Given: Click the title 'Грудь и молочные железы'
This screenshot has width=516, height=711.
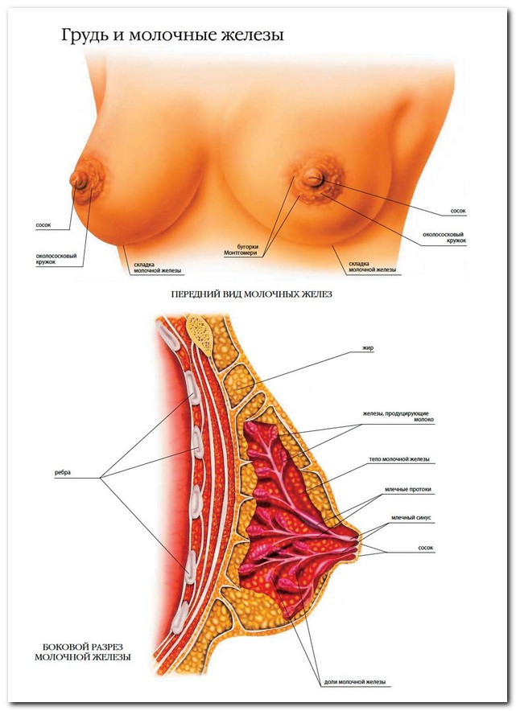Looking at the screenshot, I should [x=171, y=36].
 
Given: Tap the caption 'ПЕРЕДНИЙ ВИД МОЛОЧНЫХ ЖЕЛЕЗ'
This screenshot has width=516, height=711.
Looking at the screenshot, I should [x=252, y=294].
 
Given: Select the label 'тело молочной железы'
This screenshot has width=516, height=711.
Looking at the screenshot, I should [x=398, y=459].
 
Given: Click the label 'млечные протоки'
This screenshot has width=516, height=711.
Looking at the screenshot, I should [x=397, y=489].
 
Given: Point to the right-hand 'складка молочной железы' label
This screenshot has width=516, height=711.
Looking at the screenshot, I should [x=372, y=266].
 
